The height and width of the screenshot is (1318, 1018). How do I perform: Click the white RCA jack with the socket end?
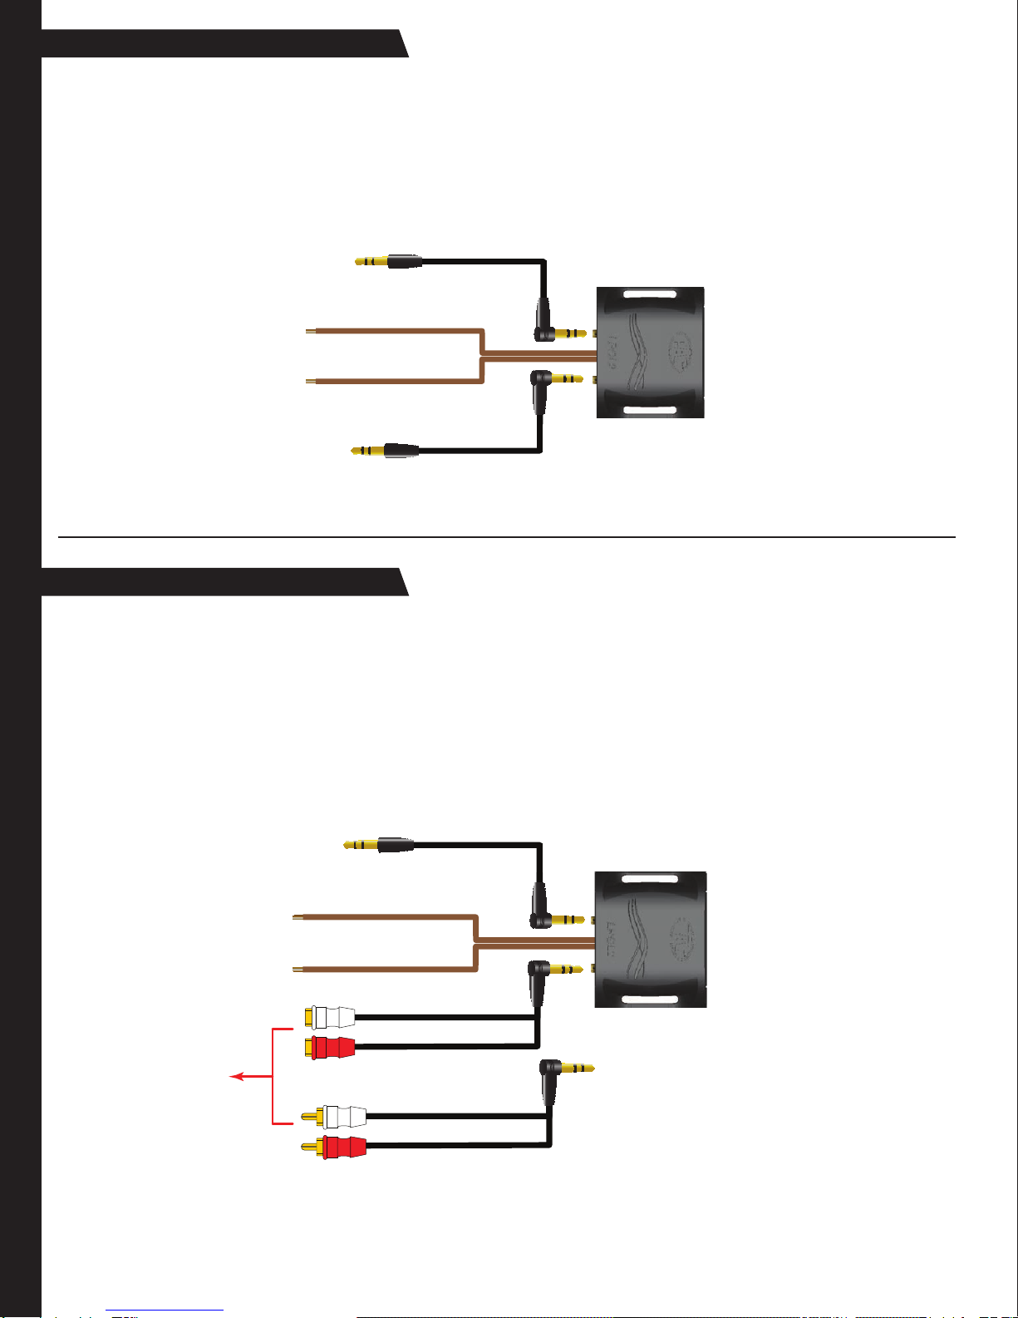tap(330, 1017)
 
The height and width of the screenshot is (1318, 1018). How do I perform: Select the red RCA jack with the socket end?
tap(330, 1047)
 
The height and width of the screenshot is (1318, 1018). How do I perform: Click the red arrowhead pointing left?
tap(235, 1077)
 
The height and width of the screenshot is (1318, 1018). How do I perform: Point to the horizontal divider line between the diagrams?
tap(507, 537)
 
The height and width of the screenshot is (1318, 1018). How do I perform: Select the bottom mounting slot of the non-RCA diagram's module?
tap(651, 410)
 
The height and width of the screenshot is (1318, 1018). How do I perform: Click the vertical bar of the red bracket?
tap(273, 1077)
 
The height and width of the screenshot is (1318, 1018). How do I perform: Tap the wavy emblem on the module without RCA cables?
tap(642, 353)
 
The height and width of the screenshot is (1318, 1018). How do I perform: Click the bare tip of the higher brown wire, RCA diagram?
tap(296, 918)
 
